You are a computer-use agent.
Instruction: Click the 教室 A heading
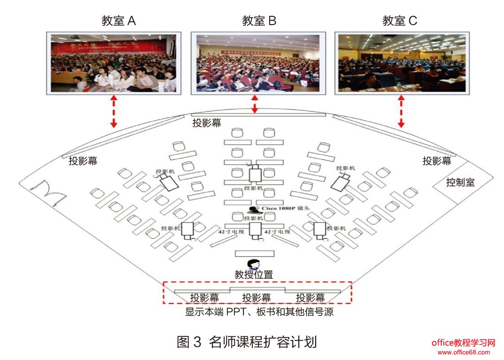(x=118, y=21)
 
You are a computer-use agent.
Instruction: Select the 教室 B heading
(x=259, y=21)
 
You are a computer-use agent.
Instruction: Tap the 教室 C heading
(x=400, y=21)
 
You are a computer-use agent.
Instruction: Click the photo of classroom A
(x=114, y=62)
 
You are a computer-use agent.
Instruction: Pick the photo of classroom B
(x=258, y=62)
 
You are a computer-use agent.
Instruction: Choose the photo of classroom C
(x=402, y=62)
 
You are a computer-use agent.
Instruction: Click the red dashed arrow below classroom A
(x=113, y=111)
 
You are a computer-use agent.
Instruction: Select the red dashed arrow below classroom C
(x=401, y=111)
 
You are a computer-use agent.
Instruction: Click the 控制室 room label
(x=460, y=182)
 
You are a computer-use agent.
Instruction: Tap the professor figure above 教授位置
(x=253, y=264)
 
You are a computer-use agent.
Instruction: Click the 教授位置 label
(x=253, y=275)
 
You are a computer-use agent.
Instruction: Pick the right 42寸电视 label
(x=277, y=231)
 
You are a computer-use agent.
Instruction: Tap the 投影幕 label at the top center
(x=207, y=123)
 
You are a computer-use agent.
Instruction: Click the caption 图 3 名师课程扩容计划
(x=247, y=342)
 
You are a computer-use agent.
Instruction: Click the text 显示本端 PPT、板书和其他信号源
(x=259, y=312)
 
